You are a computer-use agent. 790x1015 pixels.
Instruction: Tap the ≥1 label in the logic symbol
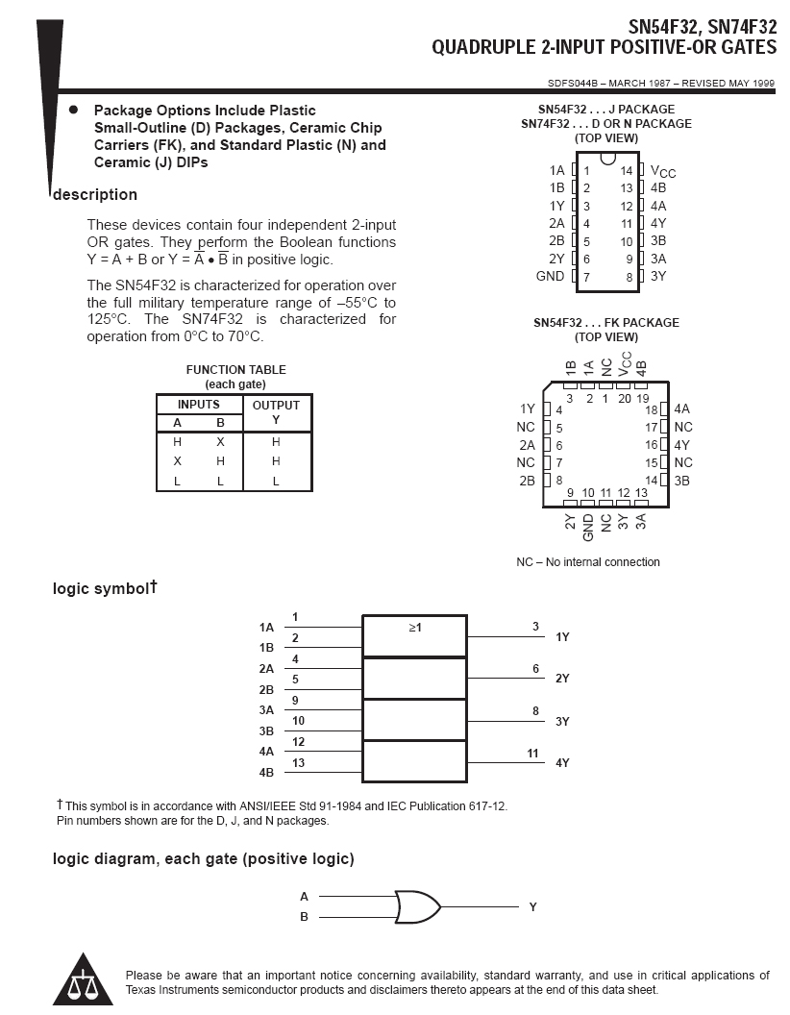(415, 628)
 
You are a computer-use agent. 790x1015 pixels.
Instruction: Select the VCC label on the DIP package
(663, 171)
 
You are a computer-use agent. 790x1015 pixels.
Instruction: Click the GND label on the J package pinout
(550, 277)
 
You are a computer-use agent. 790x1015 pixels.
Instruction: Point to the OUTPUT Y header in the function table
(276, 411)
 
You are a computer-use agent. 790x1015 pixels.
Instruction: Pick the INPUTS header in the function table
(198, 405)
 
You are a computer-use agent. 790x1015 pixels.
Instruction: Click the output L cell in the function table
(276, 481)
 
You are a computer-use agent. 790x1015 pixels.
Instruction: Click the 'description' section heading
(95, 195)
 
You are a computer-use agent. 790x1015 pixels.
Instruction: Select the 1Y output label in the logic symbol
(562, 637)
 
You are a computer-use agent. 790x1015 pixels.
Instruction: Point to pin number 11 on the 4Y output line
(532, 754)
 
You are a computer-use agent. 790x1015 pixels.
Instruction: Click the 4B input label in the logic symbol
(266, 772)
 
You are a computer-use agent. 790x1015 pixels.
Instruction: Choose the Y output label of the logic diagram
(532, 906)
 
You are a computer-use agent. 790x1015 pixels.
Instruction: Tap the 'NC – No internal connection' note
(588, 562)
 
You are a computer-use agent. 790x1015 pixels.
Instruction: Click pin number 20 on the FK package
(625, 398)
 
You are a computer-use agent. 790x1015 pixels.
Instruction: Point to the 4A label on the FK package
(682, 408)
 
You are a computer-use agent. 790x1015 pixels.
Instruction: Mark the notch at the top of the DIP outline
(607, 160)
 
